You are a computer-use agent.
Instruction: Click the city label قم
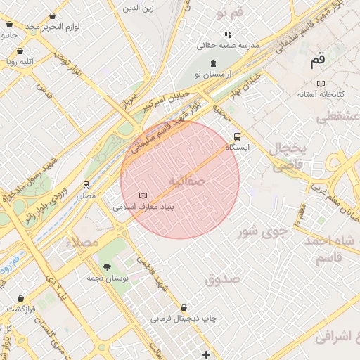pyautogui.click(x=319, y=60)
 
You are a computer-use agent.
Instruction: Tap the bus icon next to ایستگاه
pyautogui.click(x=237, y=137)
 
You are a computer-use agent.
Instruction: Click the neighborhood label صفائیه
pyautogui.click(x=186, y=181)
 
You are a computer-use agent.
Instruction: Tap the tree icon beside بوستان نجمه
pyautogui.click(x=107, y=267)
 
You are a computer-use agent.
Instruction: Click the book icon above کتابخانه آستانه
pyautogui.click(x=321, y=83)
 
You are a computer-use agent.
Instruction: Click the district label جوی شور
pyautogui.click(x=262, y=231)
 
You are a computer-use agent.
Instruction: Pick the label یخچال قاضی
pyautogui.click(x=287, y=157)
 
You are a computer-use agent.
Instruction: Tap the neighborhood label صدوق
pyautogui.click(x=223, y=279)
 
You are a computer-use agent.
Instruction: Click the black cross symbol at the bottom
pyautogui.click(x=205, y=354)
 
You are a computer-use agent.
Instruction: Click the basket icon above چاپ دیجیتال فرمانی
pyautogui.click(x=184, y=308)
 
